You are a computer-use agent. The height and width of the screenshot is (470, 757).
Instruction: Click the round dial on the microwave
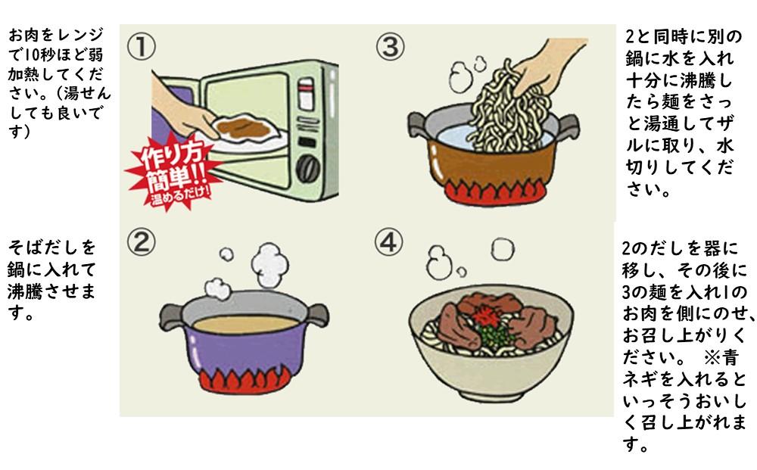(x=307, y=168)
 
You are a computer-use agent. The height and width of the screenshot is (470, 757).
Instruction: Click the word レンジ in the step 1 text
(x=76, y=36)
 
